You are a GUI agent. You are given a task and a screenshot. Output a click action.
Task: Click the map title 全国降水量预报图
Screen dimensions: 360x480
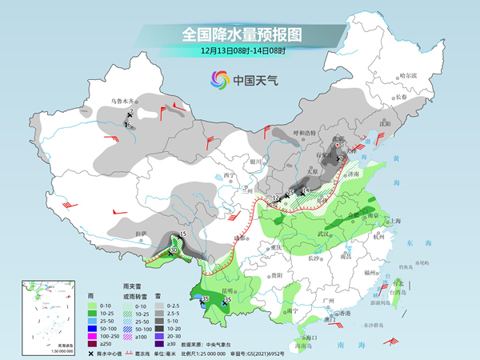240,34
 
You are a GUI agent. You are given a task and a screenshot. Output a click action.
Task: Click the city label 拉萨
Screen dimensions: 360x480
141,234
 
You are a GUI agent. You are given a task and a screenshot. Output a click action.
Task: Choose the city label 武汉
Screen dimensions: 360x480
323,233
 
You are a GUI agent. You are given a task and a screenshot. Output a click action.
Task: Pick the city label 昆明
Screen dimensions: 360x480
229,290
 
